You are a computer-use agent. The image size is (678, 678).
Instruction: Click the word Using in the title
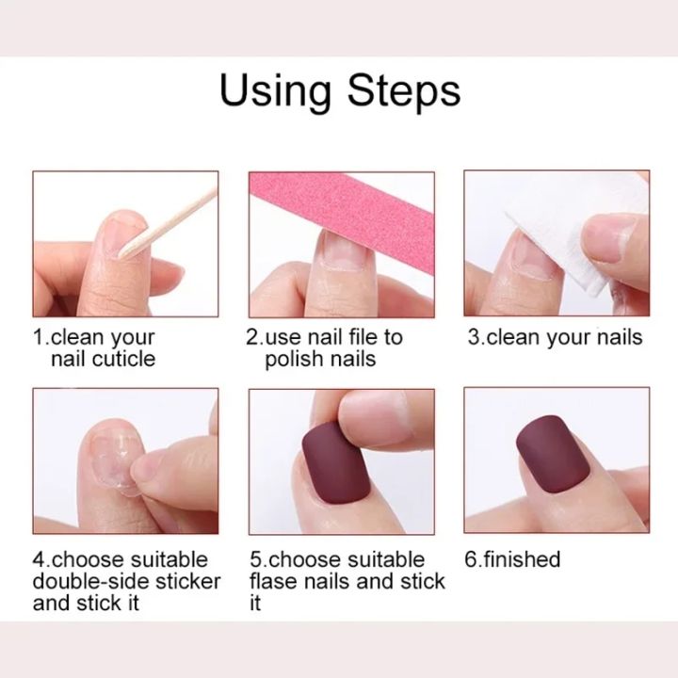pyautogui.click(x=278, y=90)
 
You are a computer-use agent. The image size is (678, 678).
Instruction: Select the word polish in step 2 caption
pyautogui.click(x=295, y=359)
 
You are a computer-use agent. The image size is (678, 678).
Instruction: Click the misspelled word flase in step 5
pyautogui.click(x=273, y=581)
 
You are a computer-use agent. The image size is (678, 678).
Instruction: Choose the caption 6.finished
pyautogui.click(x=512, y=559)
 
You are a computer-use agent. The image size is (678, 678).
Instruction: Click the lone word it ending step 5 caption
pyautogui.click(x=255, y=603)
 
